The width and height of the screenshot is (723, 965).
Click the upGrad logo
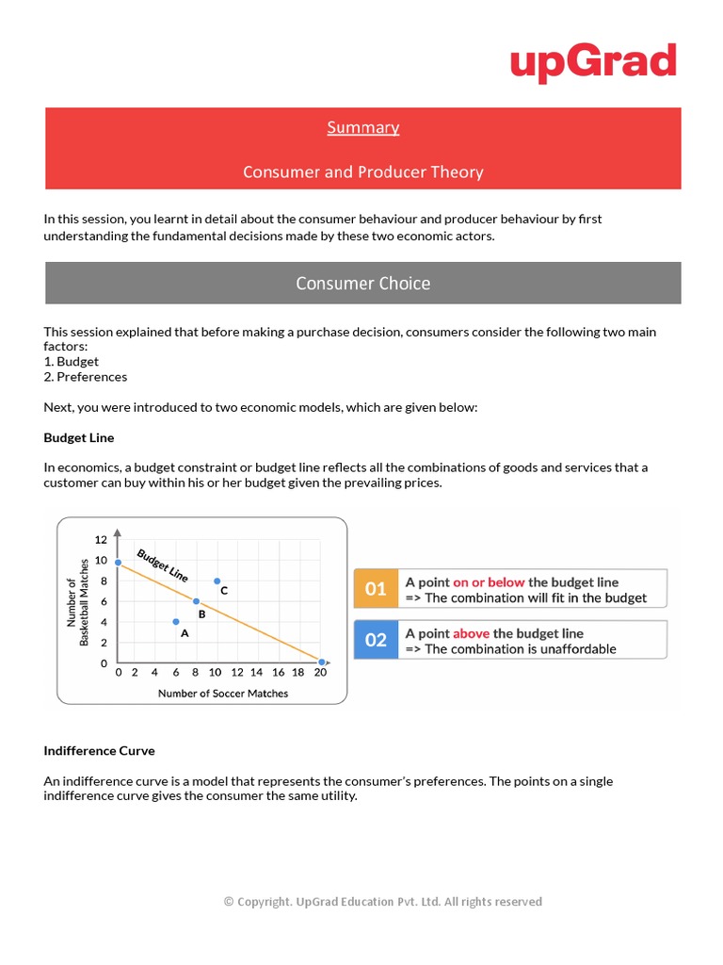(593, 62)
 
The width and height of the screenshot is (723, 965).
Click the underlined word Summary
(363, 127)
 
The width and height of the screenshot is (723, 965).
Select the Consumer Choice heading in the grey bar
(363, 283)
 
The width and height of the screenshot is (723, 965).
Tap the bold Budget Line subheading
(79, 437)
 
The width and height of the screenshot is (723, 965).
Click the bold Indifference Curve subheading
(99, 750)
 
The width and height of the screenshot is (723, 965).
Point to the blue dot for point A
(176, 622)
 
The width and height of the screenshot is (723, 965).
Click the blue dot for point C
(217, 581)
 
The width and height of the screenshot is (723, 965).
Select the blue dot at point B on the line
(196, 601)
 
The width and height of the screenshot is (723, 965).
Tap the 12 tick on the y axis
(101, 540)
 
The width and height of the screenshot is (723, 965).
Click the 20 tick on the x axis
(320, 673)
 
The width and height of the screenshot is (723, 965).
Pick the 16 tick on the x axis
(279, 673)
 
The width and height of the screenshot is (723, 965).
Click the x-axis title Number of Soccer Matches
(223, 693)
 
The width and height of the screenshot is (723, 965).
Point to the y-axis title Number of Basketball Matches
(77, 602)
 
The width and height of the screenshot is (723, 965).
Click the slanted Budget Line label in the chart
(163, 564)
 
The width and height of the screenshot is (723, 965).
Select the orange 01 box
(376, 589)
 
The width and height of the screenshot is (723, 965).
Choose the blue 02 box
(376, 640)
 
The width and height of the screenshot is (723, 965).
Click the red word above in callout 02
(471, 633)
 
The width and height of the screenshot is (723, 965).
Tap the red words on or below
(489, 582)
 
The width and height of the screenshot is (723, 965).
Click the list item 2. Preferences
(86, 376)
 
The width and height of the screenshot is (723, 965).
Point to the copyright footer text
(382, 902)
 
